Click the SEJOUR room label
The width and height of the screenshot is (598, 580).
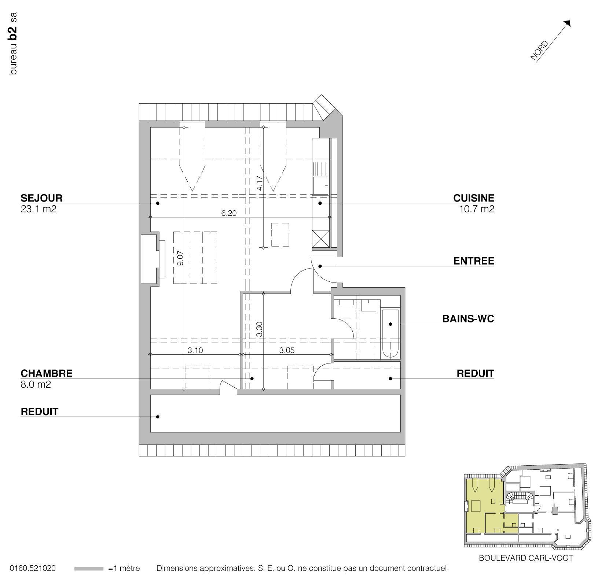click(x=41, y=198)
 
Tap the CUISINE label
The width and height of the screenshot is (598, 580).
click(x=474, y=198)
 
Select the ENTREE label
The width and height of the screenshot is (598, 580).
click(x=474, y=261)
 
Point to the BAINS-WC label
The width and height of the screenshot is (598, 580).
click(x=468, y=319)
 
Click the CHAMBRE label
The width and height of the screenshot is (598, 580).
click(x=47, y=373)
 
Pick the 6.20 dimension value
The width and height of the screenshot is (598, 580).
click(x=229, y=213)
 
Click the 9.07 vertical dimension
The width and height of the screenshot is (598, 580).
click(x=180, y=258)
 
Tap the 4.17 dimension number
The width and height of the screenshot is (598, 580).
click(x=260, y=183)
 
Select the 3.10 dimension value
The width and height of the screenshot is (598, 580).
click(x=195, y=351)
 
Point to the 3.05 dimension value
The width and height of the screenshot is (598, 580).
click(x=287, y=351)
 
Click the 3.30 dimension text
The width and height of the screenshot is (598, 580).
click(x=260, y=329)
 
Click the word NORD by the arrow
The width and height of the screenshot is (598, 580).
click(x=539, y=50)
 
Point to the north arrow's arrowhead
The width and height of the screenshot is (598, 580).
click(x=568, y=23)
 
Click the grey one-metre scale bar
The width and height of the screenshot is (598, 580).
click(x=89, y=569)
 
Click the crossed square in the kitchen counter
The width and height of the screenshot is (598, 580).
click(x=320, y=239)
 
